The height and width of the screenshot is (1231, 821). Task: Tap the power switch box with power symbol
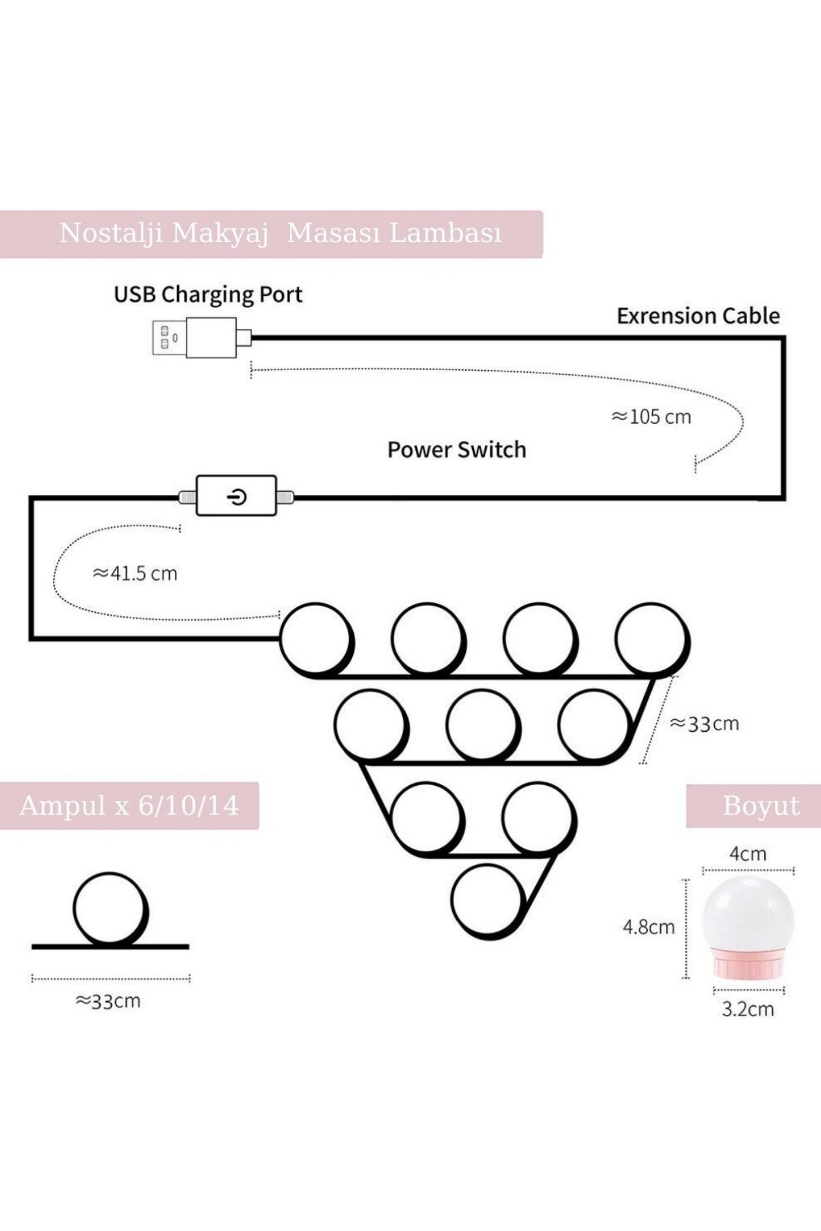(236, 496)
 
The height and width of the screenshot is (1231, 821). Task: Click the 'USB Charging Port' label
(208, 295)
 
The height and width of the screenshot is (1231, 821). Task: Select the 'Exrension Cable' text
(698, 316)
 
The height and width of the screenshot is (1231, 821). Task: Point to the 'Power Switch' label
(456, 450)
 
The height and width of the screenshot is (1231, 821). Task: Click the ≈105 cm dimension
(651, 416)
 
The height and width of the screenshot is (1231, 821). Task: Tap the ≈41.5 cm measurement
(135, 573)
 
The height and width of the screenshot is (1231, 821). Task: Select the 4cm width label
(748, 853)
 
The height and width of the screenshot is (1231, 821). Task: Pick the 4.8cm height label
(648, 927)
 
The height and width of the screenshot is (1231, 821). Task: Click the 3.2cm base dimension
(748, 1009)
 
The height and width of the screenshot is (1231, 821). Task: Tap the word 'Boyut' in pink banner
(761, 806)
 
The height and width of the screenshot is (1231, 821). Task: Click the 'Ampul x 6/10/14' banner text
(129, 806)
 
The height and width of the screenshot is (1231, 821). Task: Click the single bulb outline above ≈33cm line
(109, 910)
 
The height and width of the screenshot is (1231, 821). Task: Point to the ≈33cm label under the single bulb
(107, 1001)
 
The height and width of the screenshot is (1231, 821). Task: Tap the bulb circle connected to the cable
(315, 639)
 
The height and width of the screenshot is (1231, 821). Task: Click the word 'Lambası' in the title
(445, 233)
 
